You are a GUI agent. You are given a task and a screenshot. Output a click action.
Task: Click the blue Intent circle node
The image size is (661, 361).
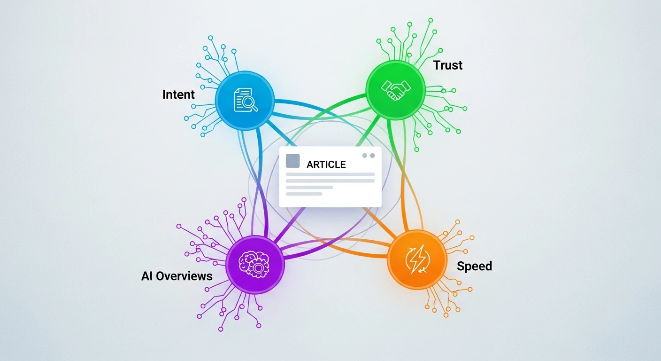245,101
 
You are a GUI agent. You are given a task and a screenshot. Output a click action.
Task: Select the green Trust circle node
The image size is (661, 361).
395,90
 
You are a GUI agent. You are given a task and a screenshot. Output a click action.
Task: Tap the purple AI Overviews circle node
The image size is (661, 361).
255,264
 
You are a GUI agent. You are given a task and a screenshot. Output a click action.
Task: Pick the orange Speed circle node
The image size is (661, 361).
417,259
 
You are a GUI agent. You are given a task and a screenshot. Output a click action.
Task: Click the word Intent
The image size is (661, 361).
178,94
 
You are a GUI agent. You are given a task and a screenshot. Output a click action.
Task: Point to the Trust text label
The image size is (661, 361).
448,65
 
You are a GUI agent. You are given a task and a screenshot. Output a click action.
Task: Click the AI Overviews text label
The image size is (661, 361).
177,276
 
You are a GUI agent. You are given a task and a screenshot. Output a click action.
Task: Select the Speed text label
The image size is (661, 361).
474,266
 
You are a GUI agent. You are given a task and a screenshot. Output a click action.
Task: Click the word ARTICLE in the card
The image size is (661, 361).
326,164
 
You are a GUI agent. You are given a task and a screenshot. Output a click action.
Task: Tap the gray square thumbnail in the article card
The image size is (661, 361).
293,161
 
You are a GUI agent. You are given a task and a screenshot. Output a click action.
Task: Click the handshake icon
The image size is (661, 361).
396,90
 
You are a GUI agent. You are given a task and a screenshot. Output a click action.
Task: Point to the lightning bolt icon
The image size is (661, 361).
417,259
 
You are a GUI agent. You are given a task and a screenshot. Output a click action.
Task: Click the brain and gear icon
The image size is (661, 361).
254,264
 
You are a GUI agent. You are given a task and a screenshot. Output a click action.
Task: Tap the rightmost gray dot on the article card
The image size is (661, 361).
372,156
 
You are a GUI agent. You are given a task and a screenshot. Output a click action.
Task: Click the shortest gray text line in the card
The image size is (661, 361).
304,194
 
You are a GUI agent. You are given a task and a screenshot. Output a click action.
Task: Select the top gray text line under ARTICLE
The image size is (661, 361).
330,174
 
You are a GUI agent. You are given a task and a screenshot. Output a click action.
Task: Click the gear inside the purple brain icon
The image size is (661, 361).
258,268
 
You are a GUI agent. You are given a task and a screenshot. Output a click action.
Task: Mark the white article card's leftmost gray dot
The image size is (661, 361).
365,156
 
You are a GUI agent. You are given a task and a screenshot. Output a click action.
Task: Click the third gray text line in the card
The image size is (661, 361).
309,187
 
